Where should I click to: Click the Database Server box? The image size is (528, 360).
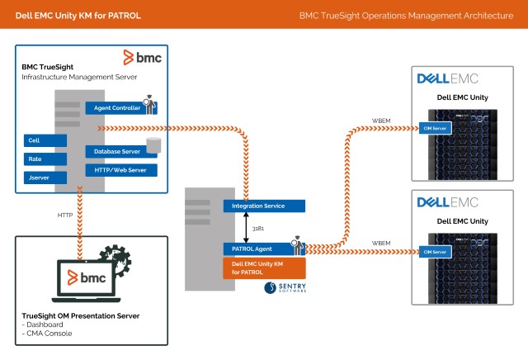point(115,151)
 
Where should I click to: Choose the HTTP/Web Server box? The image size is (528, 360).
point(120,169)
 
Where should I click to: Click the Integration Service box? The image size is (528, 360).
point(263,206)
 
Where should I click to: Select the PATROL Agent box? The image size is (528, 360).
point(256,248)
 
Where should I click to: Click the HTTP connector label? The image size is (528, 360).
point(66,216)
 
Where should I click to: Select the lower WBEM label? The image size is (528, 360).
point(380,243)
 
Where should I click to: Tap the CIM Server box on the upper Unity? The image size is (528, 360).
point(435,128)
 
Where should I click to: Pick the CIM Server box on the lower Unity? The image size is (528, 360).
point(435,251)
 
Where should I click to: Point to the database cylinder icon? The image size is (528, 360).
point(153,147)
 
